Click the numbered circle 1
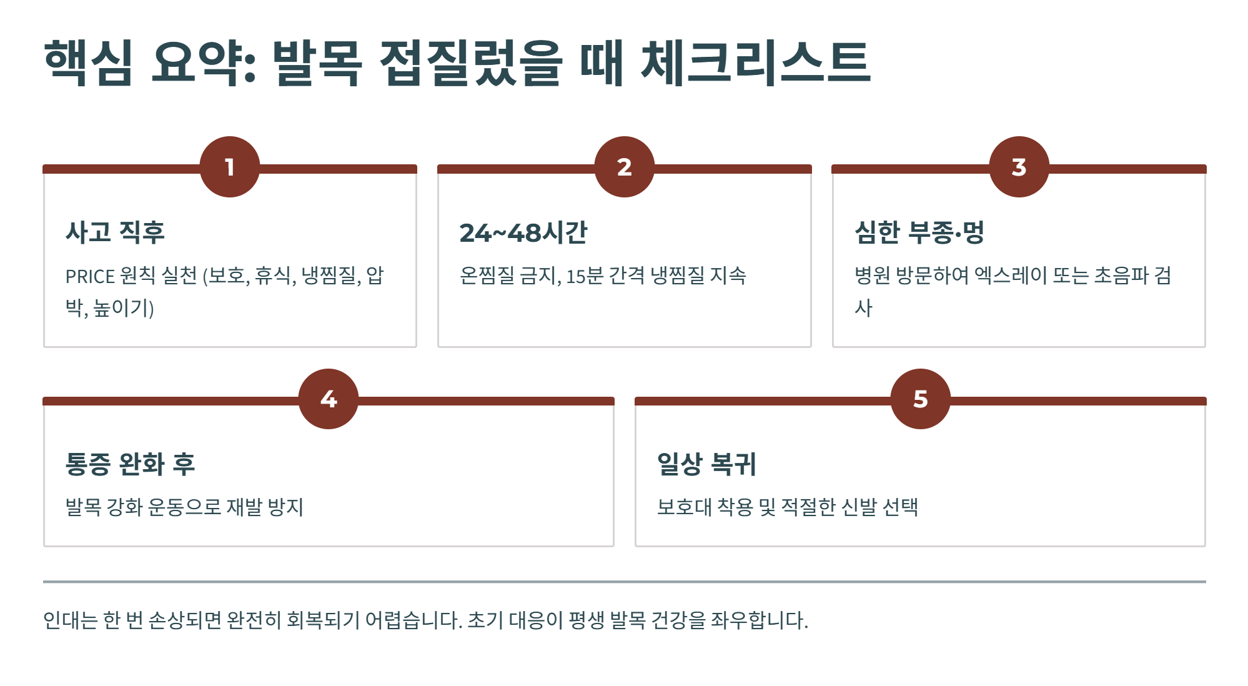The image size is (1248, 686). coord(230,167)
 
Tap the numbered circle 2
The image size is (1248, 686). coord(624,167)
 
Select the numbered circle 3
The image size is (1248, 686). coord(1019,167)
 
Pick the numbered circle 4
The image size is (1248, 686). coord(329,399)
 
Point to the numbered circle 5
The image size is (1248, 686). coord(920,399)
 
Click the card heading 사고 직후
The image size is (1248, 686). coord(115,232)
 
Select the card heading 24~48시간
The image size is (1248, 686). coord(523,232)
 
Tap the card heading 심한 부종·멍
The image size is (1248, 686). coord(919,232)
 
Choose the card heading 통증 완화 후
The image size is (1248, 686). coord(130,464)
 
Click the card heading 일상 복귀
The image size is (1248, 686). coord(706,464)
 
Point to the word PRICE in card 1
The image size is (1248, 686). coord(90,276)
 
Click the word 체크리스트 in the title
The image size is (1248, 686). coord(756,62)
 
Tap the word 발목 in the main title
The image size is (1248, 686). coord(317,62)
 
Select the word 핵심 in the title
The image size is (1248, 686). coord(88,62)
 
